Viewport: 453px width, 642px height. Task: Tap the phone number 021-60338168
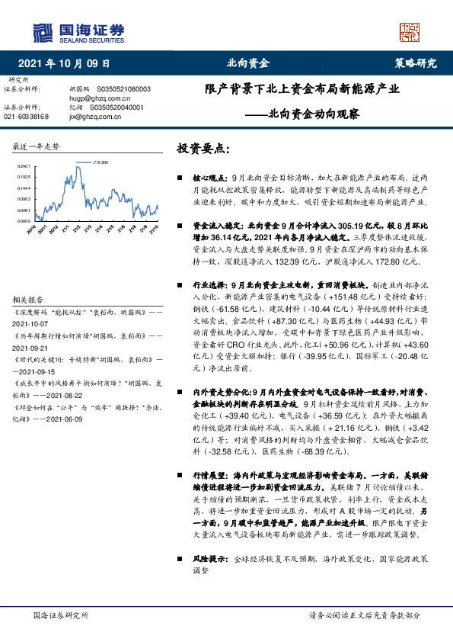click(x=26, y=117)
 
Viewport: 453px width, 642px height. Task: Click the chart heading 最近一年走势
click(x=37, y=146)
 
